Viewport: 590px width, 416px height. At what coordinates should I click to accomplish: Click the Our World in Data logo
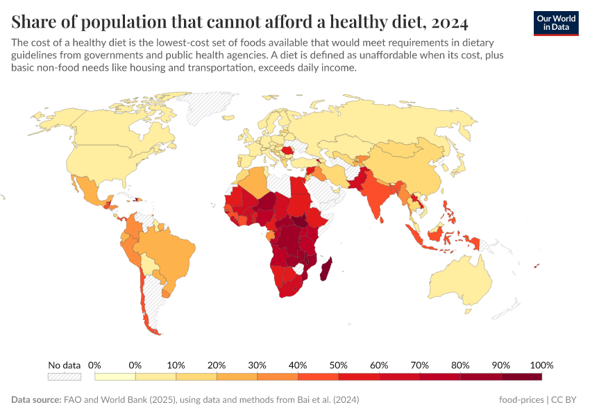[555, 23]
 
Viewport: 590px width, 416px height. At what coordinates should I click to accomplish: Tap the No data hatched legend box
[64, 376]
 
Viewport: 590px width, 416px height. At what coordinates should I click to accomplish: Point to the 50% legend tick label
[338, 365]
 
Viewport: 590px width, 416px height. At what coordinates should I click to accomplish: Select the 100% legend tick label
[541, 365]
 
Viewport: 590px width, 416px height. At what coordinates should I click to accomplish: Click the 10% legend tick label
[176, 365]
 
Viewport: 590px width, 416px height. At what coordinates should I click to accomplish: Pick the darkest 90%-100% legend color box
[521, 376]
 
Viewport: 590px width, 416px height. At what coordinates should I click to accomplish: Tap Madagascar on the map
[324, 268]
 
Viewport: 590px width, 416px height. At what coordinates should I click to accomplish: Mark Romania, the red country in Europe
[287, 150]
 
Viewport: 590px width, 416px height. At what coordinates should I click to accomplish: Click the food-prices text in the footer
[521, 400]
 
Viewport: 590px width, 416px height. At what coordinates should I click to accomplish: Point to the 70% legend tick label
[419, 365]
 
